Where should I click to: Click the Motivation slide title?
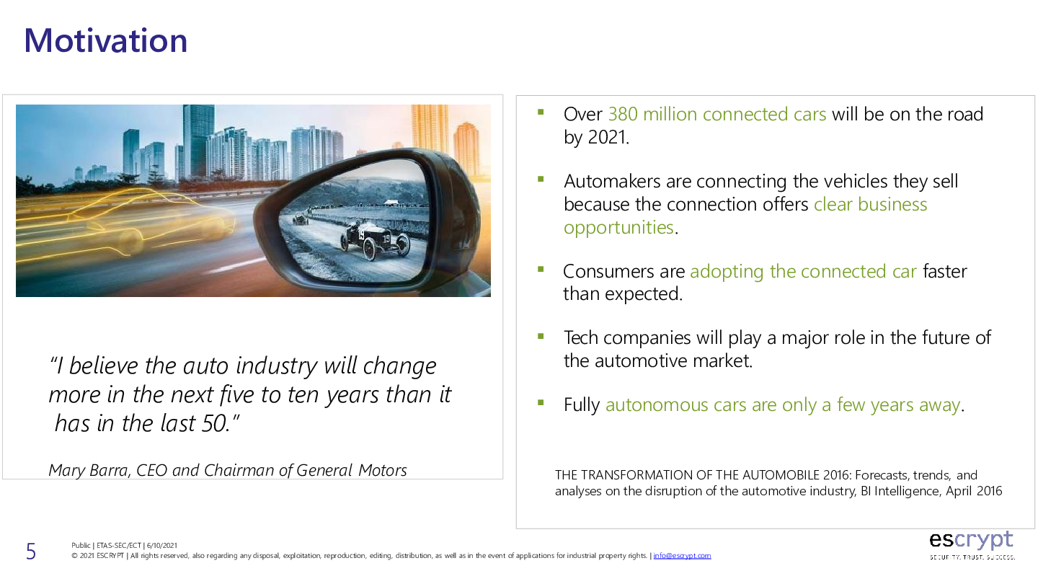106,41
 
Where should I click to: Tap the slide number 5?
30,552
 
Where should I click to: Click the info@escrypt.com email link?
682,556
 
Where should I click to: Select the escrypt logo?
972,545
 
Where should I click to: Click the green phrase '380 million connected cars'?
717,114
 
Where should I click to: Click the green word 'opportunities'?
618,228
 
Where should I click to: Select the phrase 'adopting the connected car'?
803,272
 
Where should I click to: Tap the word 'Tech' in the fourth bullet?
581,338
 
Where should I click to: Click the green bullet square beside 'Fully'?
541,402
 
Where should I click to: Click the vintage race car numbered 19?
375,240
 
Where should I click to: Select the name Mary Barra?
88,470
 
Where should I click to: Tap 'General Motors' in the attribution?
351,470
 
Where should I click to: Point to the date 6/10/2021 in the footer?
161,546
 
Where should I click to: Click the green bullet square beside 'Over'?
541,112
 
